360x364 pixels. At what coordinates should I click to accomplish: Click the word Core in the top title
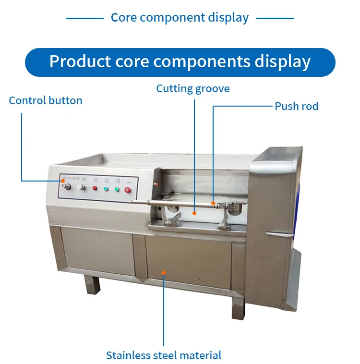(x=124, y=18)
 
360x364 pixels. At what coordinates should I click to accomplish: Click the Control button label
(x=46, y=100)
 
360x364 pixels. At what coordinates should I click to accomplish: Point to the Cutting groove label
(x=193, y=88)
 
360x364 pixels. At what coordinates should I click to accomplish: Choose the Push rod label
(x=296, y=106)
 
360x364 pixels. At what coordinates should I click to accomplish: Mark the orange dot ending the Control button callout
(x=62, y=181)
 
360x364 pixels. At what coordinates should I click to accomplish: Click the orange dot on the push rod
(x=213, y=203)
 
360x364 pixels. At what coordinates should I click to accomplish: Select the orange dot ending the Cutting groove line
(x=194, y=212)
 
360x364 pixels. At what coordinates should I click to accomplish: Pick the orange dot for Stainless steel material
(x=164, y=272)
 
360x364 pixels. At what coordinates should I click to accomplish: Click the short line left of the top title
(x=84, y=18)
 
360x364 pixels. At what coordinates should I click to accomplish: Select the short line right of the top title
(x=275, y=18)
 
